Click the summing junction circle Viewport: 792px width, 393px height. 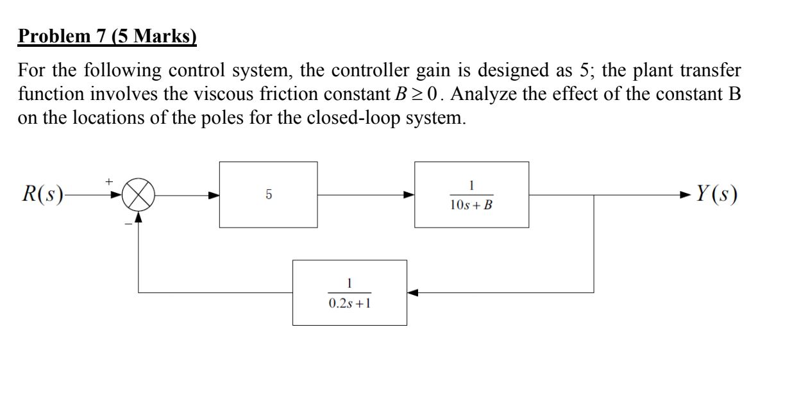tap(138, 194)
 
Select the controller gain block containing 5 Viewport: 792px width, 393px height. tap(268, 194)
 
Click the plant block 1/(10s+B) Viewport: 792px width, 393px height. tap(471, 194)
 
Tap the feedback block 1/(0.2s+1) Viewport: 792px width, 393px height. tap(350, 292)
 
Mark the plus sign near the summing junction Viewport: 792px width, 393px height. tap(109, 183)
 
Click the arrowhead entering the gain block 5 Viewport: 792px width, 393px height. tap(214, 194)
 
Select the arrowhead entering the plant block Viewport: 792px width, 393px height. tap(409, 194)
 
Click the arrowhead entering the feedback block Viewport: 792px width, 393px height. tap(413, 292)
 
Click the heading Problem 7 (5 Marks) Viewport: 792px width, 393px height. tap(108, 37)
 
